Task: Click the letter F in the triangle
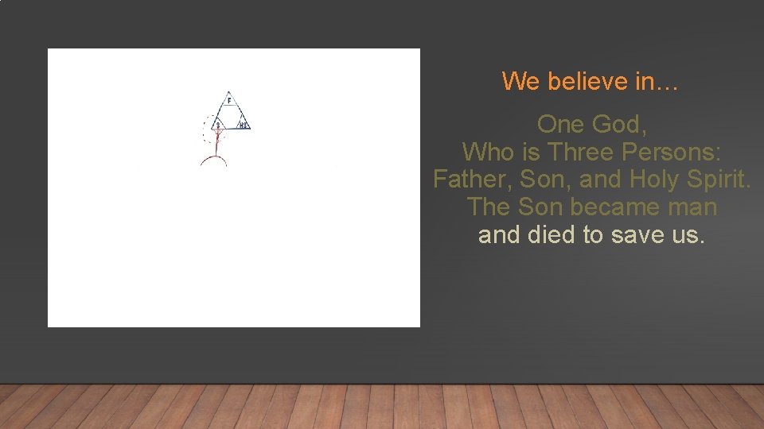tap(229, 101)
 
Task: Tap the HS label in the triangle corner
tap(244, 125)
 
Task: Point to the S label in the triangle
tap(217, 125)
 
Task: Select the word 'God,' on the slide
tap(621, 125)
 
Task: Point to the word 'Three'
tap(575, 152)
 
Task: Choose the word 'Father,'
tap(473, 180)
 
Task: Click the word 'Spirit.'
tap(721, 180)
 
